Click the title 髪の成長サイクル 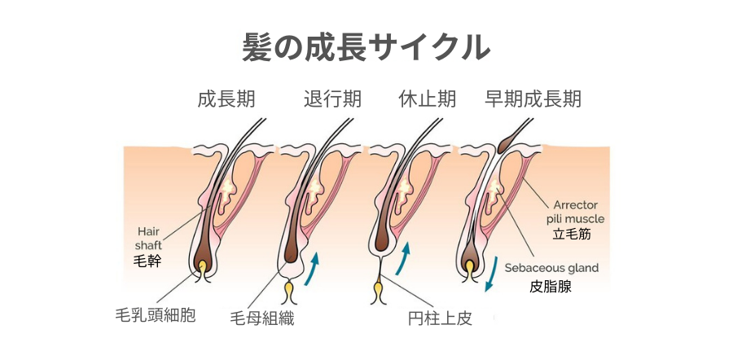click(366, 46)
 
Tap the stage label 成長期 click(226, 99)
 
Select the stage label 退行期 click(332, 99)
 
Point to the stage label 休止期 click(427, 99)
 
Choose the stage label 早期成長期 click(533, 99)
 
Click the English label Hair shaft click(149, 237)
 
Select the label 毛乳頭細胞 click(156, 315)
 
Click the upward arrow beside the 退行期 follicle click(312, 269)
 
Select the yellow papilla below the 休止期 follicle click(379, 289)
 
